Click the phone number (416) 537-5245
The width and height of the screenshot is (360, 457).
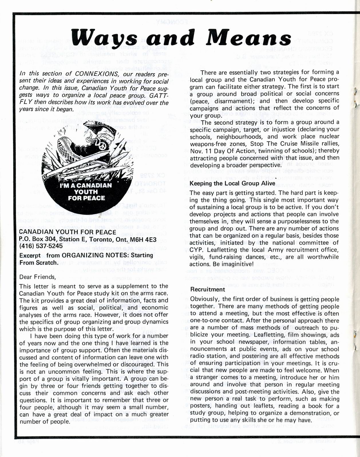[x=41, y=246]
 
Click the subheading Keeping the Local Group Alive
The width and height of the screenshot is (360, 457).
[x=232, y=183]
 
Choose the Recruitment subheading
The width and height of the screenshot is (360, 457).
[x=208, y=289]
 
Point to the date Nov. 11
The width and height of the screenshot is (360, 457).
[x=199, y=151]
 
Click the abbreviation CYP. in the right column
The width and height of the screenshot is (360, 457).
[x=197, y=250]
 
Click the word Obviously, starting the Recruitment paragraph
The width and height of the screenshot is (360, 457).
[x=205, y=299]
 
